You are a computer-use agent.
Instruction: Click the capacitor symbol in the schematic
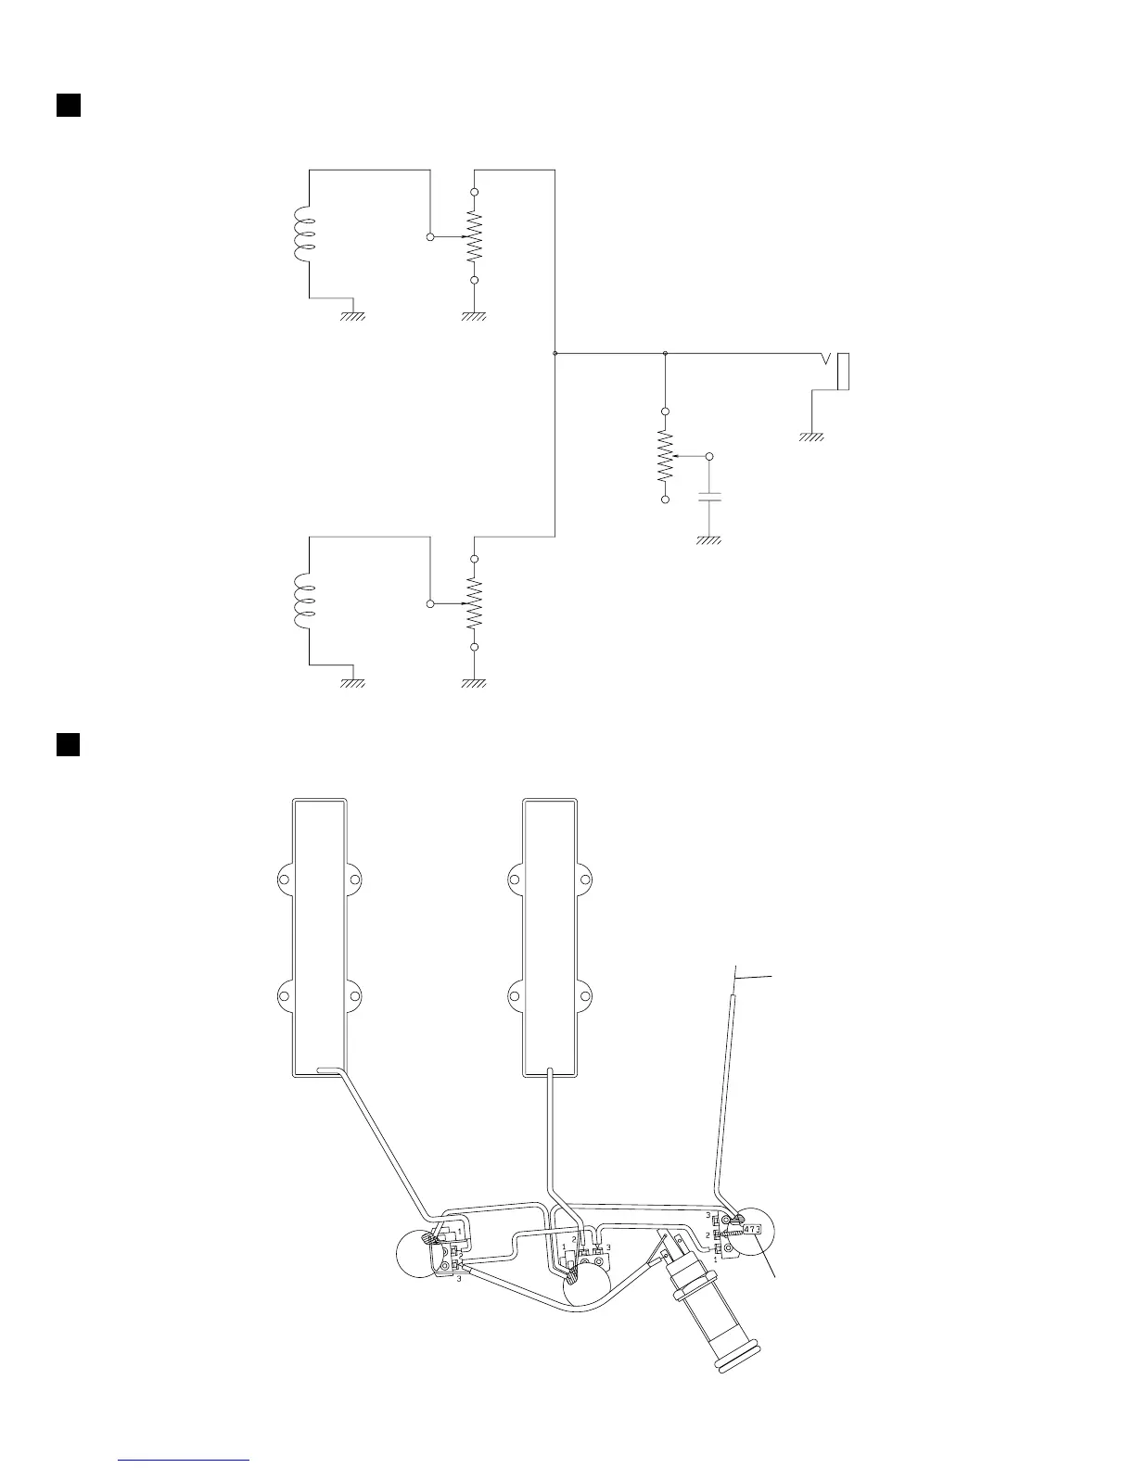pyautogui.click(x=709, y=500)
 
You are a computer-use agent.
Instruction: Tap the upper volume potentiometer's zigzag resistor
pyautogui.click(x=474, y=236)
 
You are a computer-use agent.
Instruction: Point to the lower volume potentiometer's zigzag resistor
pyautogui.click(x=474, y=603)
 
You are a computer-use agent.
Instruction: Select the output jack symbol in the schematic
pyautogui.click(x=838, y=372)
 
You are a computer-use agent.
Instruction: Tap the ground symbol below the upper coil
pyautogui.click(x=352, y=316)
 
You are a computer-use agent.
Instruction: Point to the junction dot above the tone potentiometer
pyautogui.click(x=665, y=353)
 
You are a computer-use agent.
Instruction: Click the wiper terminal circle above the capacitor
pyautogui.click(x=710, y=457)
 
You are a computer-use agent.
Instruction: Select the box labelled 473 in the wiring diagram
pyautogui.click(x=752, y=1230)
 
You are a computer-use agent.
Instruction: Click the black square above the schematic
pyautogui.click(x=68, y=104)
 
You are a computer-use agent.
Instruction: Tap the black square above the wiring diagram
pyautogui.click(x=68, y=744)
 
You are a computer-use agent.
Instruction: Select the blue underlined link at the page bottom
pyautogui.click(x=185, y=1461)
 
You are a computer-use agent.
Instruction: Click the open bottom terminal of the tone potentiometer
pyautogui.click(x=665, y=500)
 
